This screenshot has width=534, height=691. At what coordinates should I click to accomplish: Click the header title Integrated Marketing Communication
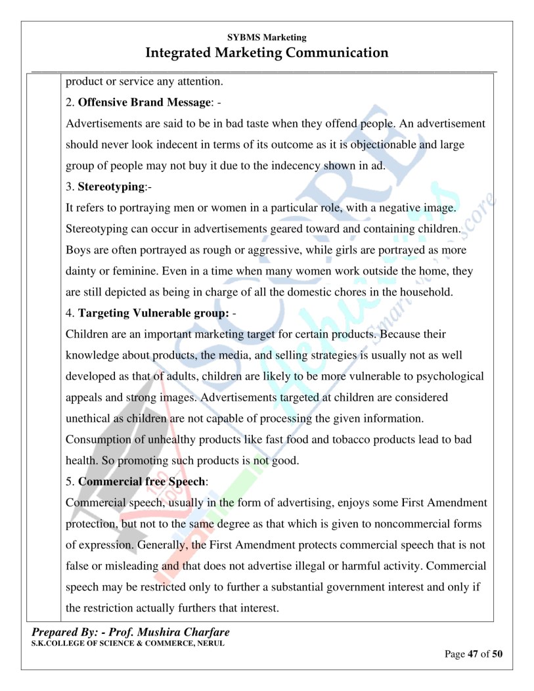click(267, 53)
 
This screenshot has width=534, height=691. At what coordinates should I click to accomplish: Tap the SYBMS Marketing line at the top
click(267, 37)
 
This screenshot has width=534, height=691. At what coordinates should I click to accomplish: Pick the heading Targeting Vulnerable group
click(153, 313)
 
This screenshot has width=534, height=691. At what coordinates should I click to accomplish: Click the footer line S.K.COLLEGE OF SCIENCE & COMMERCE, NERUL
click(127, 643)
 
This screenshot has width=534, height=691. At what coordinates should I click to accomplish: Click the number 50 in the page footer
click(497, 654)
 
